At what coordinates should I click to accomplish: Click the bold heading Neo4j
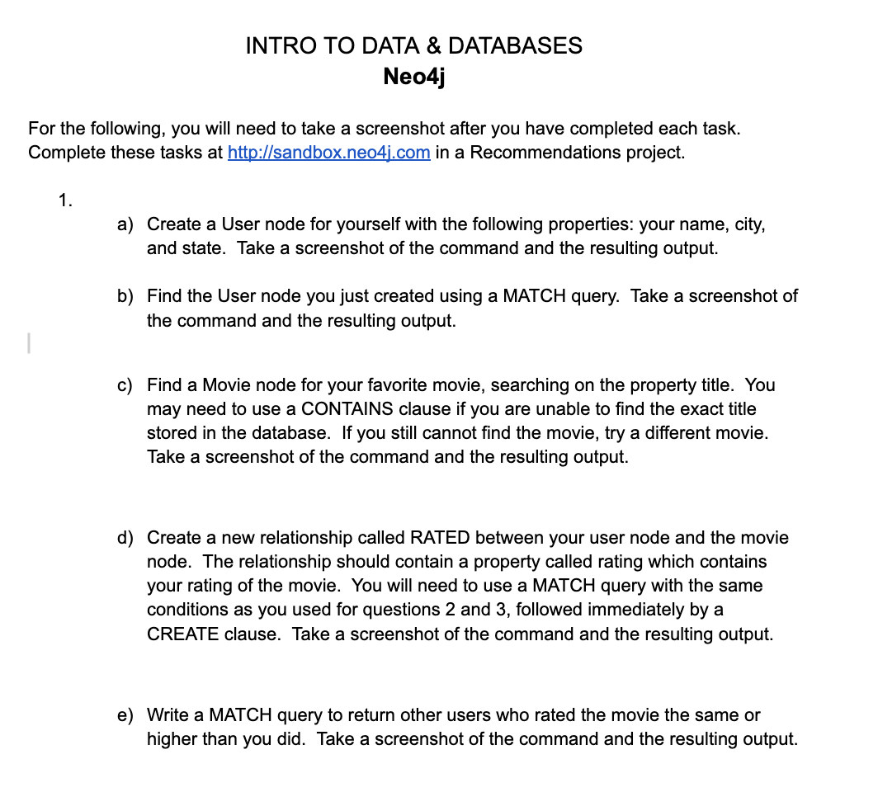(414, 77)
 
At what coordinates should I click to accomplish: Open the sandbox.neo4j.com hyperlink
(328, 153)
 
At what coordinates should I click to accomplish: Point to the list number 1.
(64, 200)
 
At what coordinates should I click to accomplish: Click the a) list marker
(125, 224)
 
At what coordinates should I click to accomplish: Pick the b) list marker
(125, 296)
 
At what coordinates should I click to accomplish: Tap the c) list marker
(125, 385)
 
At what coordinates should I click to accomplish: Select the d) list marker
(125, 538)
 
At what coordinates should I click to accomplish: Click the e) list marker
(125, 715)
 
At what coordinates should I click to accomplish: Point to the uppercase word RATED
(439, 538)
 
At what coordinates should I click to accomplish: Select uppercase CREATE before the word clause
(183, 634)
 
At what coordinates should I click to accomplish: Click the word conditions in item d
(185, 610)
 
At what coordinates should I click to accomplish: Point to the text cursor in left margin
(28, 342)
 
